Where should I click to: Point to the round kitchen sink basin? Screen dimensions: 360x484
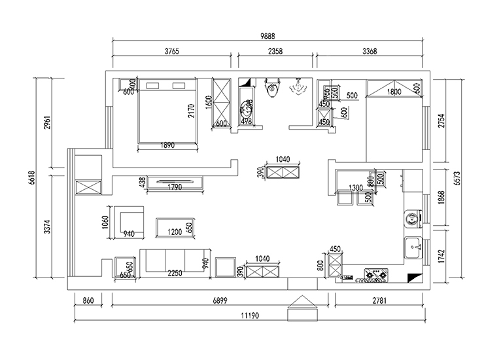coord(411,217)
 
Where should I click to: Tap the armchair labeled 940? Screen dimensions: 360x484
coord(128,223)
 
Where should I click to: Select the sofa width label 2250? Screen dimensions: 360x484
coord(176,274)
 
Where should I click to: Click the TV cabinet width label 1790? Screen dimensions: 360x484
coord(175,188)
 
